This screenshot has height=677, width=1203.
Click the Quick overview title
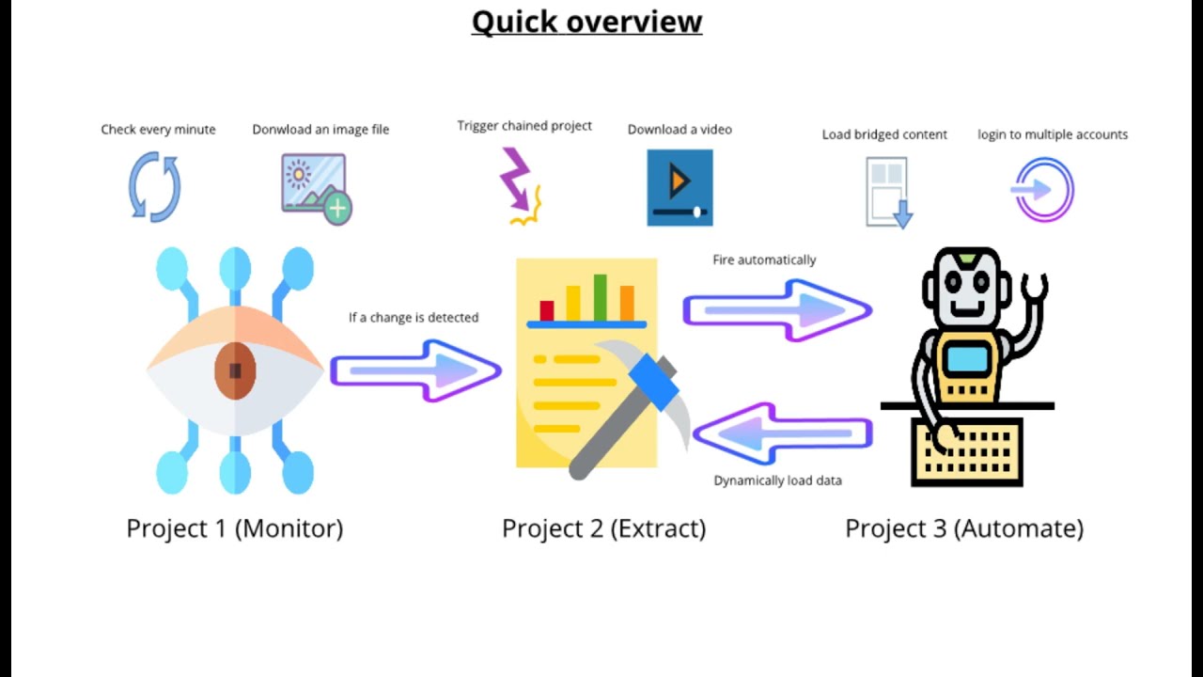pyautogui.click(x=587, y=23)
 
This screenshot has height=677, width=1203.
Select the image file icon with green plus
pyautogui.click(x=317, y=189)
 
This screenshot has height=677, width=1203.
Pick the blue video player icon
pyautogui.click(x=680, y=187)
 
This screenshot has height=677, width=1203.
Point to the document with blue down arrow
pyautogui.click(x=889, y=193)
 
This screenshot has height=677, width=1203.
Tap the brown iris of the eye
pyautogui.click(x=235, y=370)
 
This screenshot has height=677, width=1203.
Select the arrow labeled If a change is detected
pyautogui.click(x=416, y=370)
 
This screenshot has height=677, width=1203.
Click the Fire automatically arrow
pyautogui.click(x=777, y=310)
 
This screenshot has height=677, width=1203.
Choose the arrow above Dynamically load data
pyautogui.click(x=783, y=433)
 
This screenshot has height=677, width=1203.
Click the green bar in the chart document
pyautogui.click(x=600, y=298)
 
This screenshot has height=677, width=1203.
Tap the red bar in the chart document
pyautogui.click(x=547, y=311)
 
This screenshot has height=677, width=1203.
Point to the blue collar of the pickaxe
pyautogui.click(x=653, y=383)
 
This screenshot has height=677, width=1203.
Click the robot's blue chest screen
pyautogui.click(x=968, y=359)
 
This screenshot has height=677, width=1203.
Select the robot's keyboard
pyautogui.click(x=967, y=452)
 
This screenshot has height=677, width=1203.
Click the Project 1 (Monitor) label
pyautogui.click(x=235, y=528)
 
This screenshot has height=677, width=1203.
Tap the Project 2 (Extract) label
pyautogui.click(x=603, y=528)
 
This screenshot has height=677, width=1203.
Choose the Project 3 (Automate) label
pyautogui.click(x=964, y=528)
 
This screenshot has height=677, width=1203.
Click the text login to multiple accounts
pyautogui.click(x=1053, y=134)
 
